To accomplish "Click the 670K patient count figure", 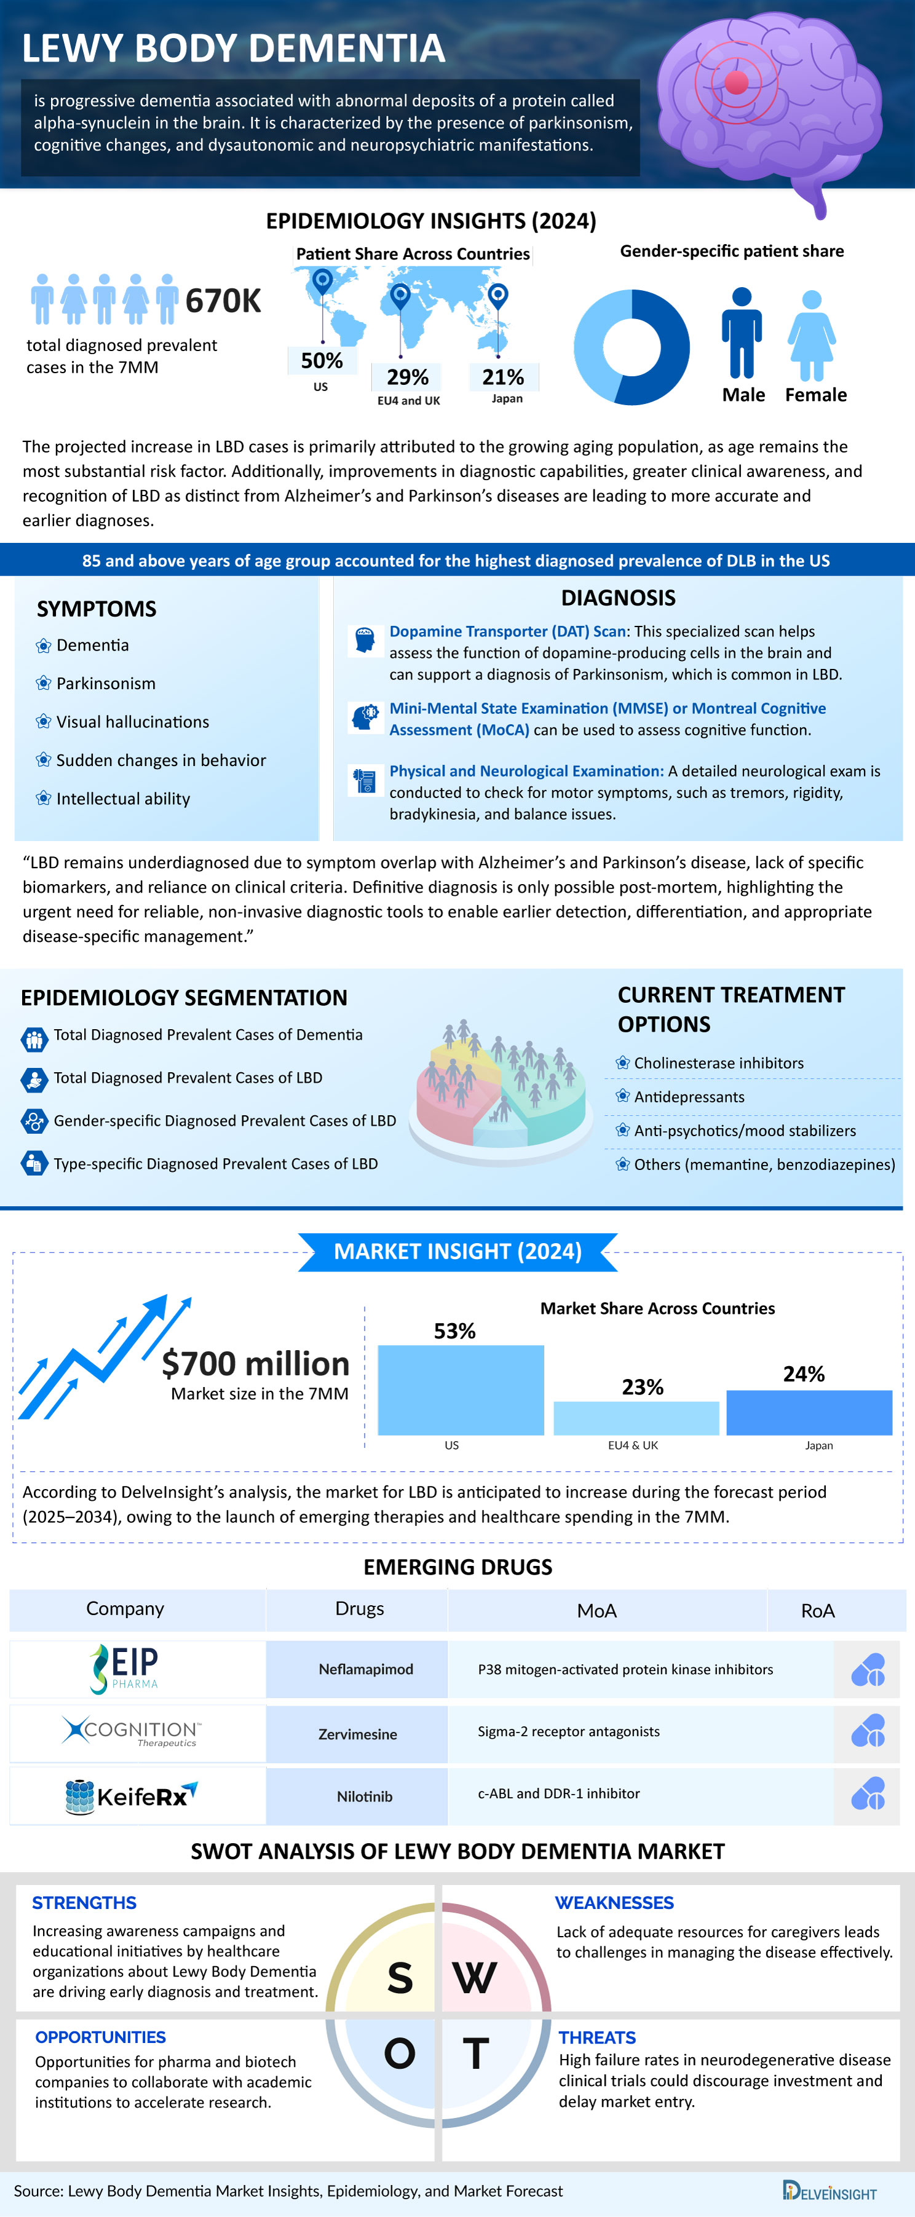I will pos(223,301).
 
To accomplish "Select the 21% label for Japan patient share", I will pos(502,377).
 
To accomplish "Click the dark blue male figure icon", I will pos(741,334).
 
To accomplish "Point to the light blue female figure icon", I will pos(811,336).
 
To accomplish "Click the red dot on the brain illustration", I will pos(736,82).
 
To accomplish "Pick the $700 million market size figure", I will pos(256,1363).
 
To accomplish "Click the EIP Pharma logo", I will pos(125,1668).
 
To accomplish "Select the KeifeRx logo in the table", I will pos(132,1795).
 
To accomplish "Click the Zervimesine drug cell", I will pos(357,1733).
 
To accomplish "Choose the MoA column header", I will pos(596,1610).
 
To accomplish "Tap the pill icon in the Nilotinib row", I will pos(868,1795).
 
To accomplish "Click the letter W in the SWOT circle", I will pos(474,1977).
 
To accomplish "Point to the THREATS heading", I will pos(596,2037).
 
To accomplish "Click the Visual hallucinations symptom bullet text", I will pos(133,722).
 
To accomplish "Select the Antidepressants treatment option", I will pos(689,1096).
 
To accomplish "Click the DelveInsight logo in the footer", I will pos(829,2191).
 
